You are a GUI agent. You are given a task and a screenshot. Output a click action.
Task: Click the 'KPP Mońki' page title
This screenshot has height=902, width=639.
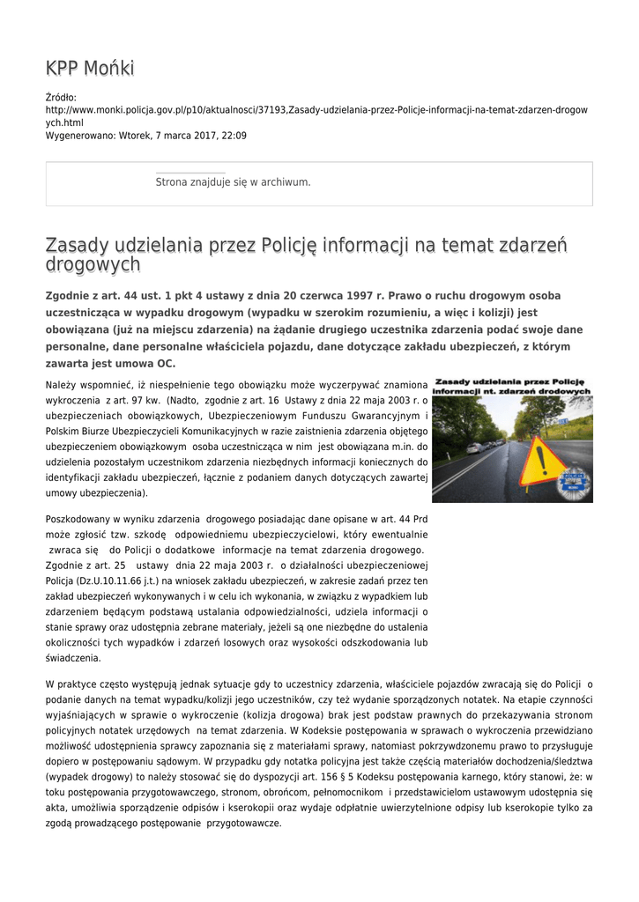pyautogui.click(x=90, y=69)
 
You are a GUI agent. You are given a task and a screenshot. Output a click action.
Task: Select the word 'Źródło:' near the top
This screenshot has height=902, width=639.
pyautogui.click(x=61, y=97)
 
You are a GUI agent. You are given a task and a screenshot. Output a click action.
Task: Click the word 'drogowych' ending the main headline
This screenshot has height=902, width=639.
pyautogui.click(x=93, y=264)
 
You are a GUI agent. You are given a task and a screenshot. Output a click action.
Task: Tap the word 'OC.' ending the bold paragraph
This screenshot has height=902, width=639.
pyautogui.click(x=164, y=363)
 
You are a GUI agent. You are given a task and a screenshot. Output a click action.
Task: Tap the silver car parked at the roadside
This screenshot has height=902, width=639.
pyautogui.click(x=475, y=447)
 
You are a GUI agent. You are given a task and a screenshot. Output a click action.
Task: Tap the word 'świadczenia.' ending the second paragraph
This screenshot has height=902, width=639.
pyautogui.click(x=73, y=657)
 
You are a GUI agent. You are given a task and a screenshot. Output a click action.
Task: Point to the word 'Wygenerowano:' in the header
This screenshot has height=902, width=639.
pyautogui.click(x=79, y=136)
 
